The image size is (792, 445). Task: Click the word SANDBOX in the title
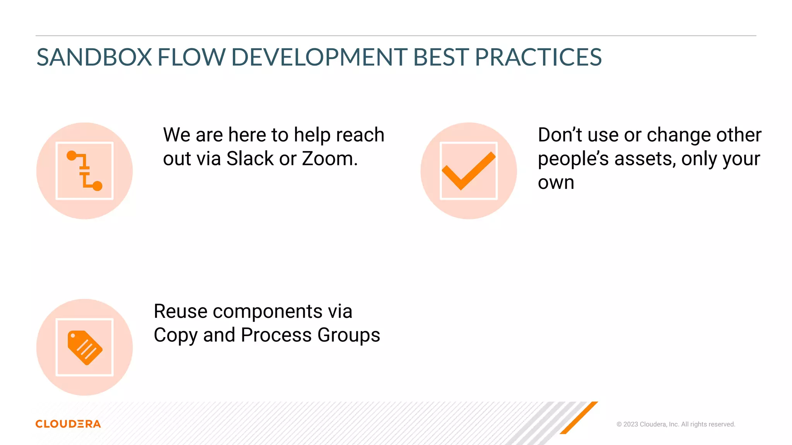94,58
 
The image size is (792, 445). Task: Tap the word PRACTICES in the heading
538,58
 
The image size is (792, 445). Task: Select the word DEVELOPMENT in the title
319,58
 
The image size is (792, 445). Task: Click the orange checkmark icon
468,171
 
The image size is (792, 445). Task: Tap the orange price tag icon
85,347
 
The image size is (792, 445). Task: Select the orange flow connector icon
85,171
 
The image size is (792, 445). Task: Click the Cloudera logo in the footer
68,424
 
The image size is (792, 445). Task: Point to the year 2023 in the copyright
630,424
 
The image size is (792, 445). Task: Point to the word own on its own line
556,182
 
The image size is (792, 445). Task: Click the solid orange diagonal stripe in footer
579,418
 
